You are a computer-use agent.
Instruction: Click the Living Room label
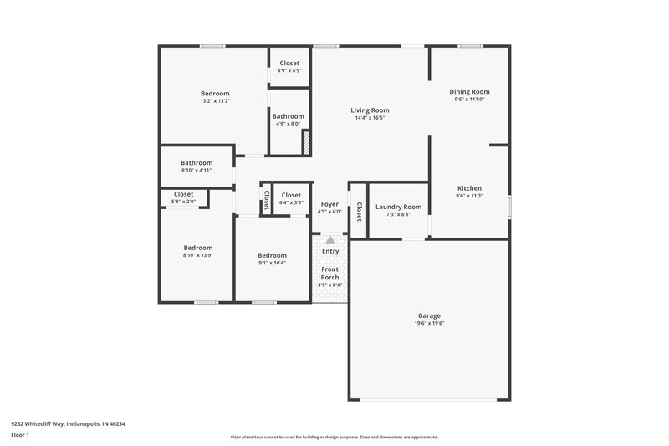370,110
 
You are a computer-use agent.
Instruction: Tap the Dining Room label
469,92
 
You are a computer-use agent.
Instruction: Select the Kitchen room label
469,188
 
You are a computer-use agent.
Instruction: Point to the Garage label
429,315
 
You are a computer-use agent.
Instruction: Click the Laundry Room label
398,207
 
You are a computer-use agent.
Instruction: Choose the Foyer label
329,204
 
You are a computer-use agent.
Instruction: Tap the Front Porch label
329,273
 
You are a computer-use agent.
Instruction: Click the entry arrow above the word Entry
330,240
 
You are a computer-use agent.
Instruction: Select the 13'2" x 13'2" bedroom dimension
214,101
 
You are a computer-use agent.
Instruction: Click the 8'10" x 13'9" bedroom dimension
198,255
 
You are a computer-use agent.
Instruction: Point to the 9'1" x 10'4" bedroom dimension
272,263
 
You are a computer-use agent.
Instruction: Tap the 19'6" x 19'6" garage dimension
429,323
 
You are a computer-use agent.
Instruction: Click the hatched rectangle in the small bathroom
305,141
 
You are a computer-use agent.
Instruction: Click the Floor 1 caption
21,436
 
